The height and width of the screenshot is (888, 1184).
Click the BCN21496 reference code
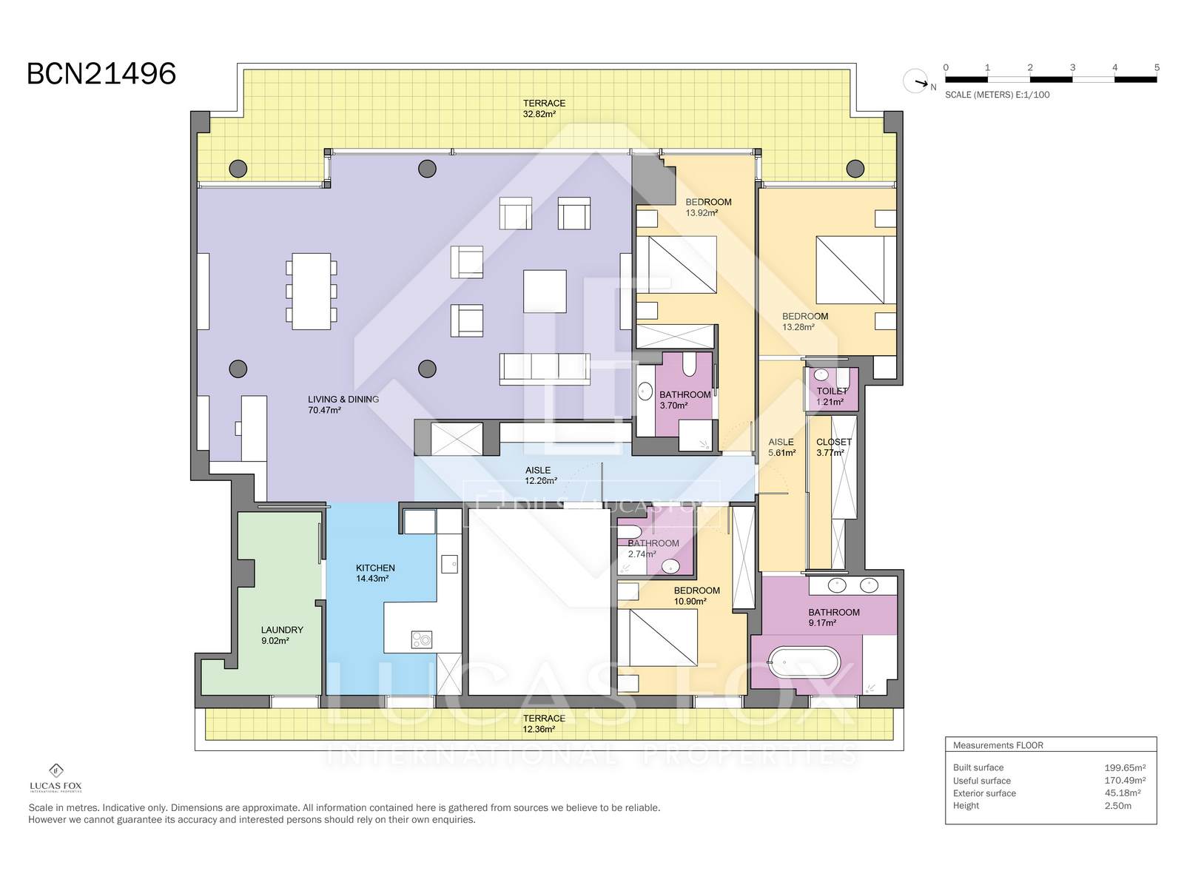101,74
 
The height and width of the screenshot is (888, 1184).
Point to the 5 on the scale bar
1157,67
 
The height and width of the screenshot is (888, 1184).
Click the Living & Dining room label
343,404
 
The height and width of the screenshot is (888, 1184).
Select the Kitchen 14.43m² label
375,573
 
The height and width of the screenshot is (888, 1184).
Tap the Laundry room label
282,635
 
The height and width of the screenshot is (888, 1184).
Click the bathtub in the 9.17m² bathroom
804,662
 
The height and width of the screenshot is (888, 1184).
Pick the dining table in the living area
312,291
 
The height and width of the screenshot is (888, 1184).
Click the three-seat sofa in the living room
544,369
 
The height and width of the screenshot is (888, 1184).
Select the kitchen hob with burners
421,639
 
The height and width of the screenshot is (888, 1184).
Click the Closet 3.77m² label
833,447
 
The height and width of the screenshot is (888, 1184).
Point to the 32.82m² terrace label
544,108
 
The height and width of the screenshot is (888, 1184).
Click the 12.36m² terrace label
544,724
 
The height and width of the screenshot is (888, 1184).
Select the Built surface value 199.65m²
1125,768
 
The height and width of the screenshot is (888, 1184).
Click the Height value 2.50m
1117,806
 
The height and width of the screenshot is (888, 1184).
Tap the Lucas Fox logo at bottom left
55,778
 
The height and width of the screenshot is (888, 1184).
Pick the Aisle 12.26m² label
540,476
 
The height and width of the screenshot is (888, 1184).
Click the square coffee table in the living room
544,291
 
